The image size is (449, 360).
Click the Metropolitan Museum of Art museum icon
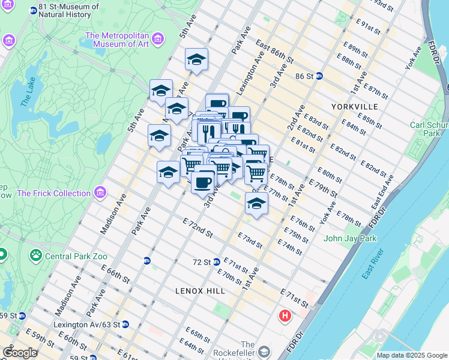click(158, 40)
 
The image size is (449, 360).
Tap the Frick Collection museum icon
click(100, 193)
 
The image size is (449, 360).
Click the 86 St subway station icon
click(319, 76)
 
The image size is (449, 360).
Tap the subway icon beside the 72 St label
click(217, 262)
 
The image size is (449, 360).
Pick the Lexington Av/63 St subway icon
click(125, 325)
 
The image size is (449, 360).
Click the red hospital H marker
click(285, 314)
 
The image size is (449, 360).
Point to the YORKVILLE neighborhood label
click(354, 106)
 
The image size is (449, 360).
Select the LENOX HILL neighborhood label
click(200, 291)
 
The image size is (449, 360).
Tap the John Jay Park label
click(350, 238)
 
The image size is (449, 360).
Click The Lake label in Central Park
click(29, 93)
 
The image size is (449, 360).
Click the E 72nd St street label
click(197, 229)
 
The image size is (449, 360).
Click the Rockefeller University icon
click(265, 350)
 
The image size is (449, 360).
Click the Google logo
click(20, 353)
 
